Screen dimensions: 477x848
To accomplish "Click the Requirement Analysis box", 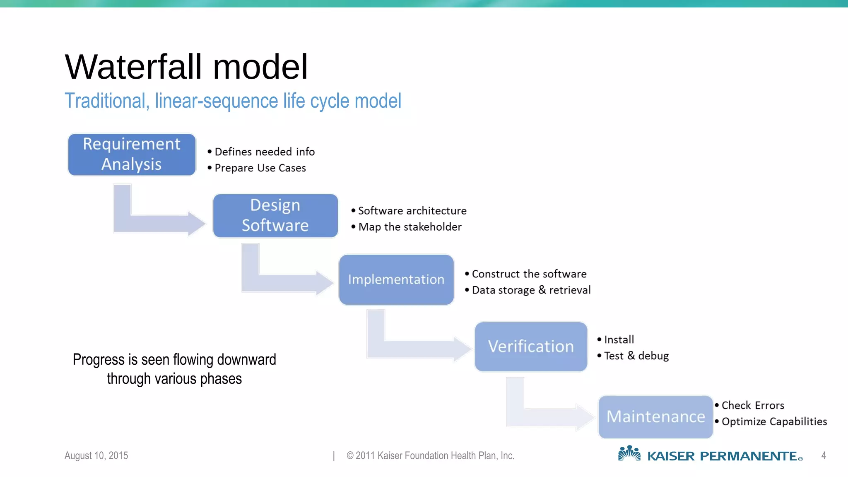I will click(132, 154).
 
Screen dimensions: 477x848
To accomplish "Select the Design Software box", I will click(275, 216).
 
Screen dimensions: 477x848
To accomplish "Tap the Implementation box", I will click(396, 280).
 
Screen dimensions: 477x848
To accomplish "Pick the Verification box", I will click(531, 347).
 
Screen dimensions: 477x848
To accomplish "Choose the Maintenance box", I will click(655, 417).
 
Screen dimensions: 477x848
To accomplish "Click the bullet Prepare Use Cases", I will click(260, 168).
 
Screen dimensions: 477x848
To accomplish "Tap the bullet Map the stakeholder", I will click(410, 227).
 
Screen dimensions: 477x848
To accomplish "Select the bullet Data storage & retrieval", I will click(531, 290).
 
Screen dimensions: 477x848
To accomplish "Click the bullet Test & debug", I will click(636, 356).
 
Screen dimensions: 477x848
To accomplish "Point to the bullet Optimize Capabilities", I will click(774, 422).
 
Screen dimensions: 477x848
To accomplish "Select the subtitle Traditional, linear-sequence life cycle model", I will click(233, 101).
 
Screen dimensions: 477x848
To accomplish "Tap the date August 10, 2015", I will click(96, 455).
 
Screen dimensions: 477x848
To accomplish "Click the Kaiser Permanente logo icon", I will click(629, 454).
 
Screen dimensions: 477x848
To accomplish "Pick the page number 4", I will click(823, 455).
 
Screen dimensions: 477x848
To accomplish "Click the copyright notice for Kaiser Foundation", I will click(431, 455).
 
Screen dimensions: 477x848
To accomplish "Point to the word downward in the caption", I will click(246, 360).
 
